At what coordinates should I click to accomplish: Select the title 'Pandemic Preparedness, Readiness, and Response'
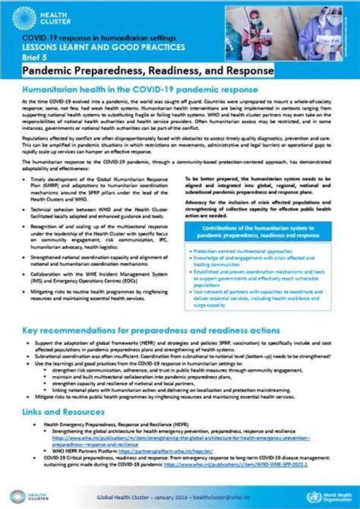pyautogui.click(x=148, y=70)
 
